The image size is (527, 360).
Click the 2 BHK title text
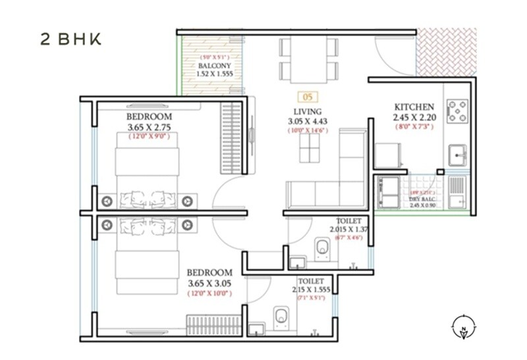pos(70,39)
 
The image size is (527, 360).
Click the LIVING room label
pos(308,111)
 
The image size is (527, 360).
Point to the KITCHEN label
pos(414,107)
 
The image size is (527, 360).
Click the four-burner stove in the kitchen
pos(457,110)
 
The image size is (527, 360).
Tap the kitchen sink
pos(457,156)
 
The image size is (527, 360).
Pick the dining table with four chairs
pos(308,59)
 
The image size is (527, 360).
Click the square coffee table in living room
pos(308,148)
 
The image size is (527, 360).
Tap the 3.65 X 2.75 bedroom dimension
pos(149,128)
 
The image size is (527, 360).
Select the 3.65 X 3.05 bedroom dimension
pos(209,283)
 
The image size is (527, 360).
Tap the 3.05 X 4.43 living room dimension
pos(308,121)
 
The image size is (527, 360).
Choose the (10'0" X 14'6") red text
pos(308,130)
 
